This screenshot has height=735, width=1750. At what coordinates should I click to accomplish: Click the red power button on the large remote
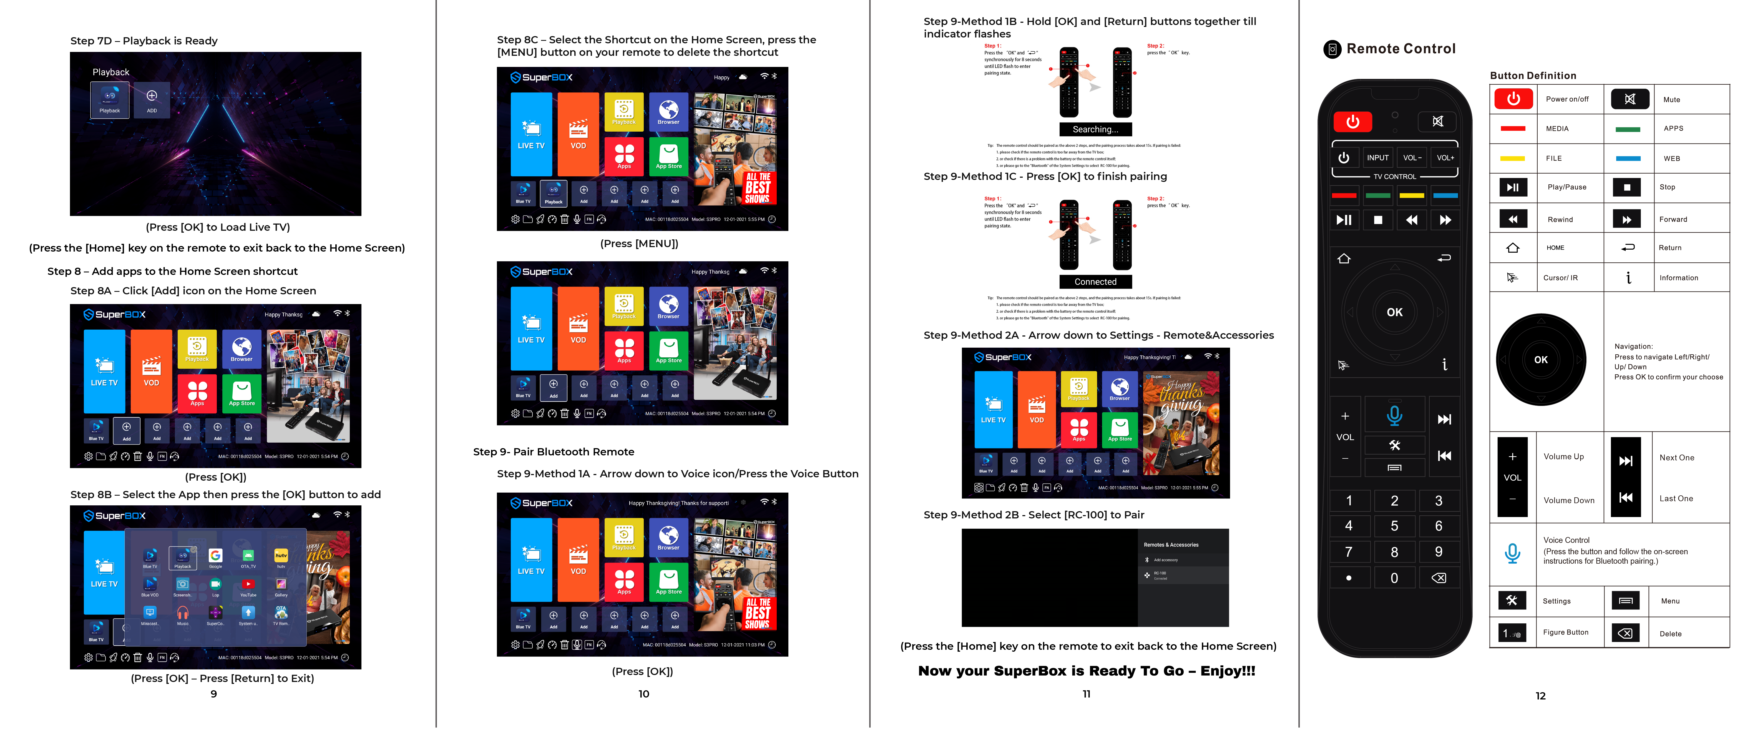1352,122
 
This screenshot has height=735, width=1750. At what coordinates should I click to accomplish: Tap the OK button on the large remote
1394,312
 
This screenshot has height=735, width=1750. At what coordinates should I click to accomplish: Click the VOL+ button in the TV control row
1445,158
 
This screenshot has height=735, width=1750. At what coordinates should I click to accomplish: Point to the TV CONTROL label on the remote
1394,177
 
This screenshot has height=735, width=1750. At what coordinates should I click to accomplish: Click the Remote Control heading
1401,49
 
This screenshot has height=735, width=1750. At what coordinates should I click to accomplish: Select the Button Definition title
1533,76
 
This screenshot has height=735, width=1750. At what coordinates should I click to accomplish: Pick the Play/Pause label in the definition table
1567,187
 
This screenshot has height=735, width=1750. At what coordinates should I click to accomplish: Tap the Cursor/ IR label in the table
1560,278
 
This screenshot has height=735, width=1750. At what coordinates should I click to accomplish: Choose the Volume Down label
1569,501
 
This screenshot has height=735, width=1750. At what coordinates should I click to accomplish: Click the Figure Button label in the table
1565,633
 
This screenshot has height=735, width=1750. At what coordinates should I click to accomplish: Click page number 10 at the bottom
643,694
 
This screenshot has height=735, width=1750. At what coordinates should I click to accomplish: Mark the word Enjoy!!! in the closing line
1228,671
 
